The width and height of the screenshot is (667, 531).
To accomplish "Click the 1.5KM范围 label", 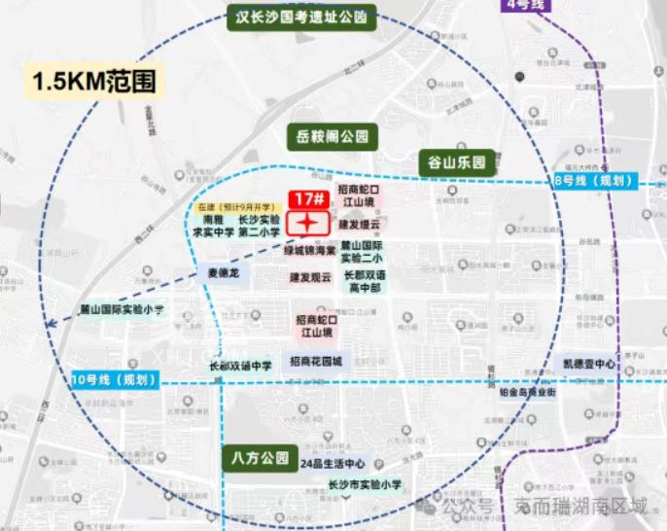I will (x=94, y=80).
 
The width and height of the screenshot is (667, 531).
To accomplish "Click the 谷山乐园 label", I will (x=457, y=162).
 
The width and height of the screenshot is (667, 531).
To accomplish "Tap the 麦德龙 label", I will (x=223, y=273).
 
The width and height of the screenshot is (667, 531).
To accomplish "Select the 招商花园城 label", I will (x=315, y=361).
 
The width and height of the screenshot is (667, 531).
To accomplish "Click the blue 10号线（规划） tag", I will (x=115, y=379).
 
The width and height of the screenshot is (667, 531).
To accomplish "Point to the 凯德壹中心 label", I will (x=589, y=364).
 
